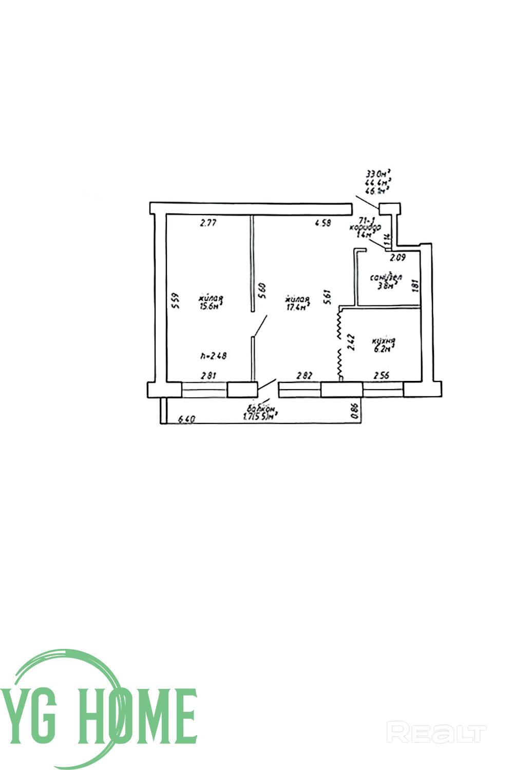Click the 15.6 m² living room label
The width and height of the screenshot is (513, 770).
(x=211, y=302)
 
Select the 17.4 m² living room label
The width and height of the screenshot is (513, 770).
(x=297, y=303)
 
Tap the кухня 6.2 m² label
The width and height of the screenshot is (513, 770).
(x=384, y=344)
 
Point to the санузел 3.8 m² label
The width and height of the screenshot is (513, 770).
(x=386, y=282)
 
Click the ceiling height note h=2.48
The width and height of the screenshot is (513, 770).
(x=214, y=355)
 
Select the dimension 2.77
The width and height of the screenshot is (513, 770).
(x=209, y=223)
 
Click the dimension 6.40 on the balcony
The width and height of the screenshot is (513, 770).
(x=186, y=419)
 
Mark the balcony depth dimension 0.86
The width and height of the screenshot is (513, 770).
(x=354, y=412)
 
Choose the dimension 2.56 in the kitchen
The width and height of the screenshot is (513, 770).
(x=381, y=375)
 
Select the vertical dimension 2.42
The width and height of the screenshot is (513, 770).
(x=351, y=342)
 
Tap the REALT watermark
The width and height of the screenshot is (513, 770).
(x=436, y=733)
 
